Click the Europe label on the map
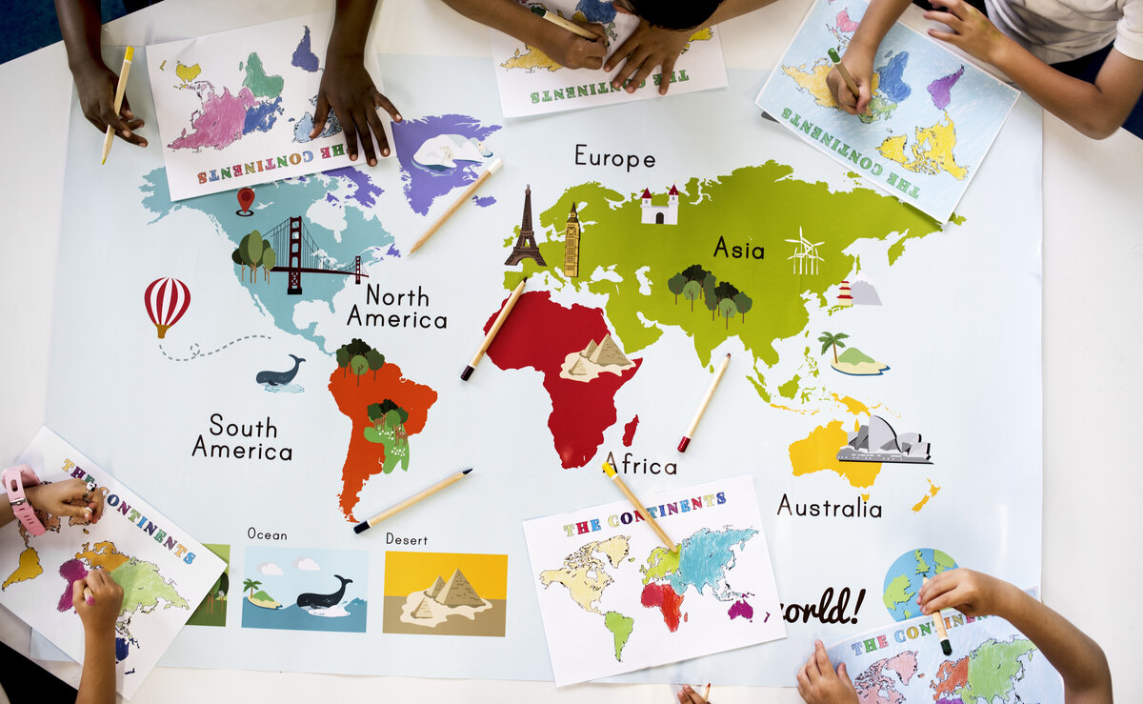click(x=614, y=157)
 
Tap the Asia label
click(x=738, y=249)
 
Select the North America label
click(x=396, y=307)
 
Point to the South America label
click(x=242, y=437)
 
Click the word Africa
click(x=641, y=465)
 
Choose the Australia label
click(x=829, y=506)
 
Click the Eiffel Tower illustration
click(x=525, y=229)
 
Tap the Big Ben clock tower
click(x=571, y=241)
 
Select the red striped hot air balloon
click(x=167, y=305)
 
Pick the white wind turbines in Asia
click(x=805, y=251)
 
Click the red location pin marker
click(x=246, y=200)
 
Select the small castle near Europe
click(x=659, y=206)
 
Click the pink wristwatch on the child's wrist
click(x=21, y=498)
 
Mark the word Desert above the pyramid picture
click(x=407, y=539)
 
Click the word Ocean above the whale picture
click(x=267, y=533)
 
